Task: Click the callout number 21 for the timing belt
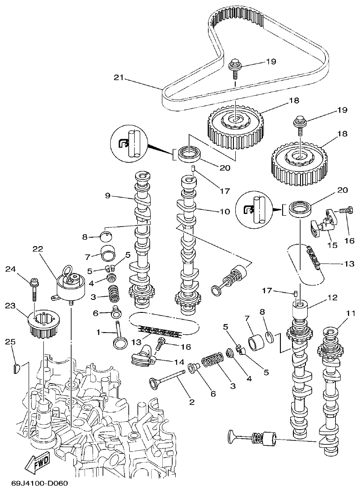click(x=118, y=78)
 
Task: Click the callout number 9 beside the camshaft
click(x=107, y=195)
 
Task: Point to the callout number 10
click(x=224, y=211)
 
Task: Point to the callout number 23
click(x=10, y=306)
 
